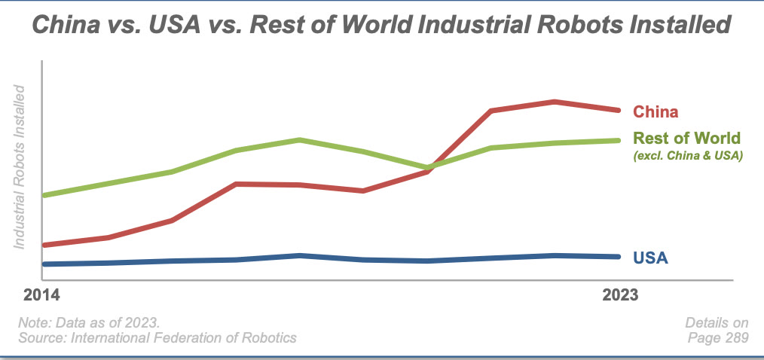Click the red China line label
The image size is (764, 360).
coord(656,111)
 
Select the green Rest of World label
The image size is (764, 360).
coord(687,139)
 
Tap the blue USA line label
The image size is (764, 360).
coord(651,258)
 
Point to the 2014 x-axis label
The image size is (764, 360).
coord(43,294)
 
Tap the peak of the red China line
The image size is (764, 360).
coord(554,102)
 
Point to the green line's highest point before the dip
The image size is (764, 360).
coord(300,140)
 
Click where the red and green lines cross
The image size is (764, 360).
coord(429,168)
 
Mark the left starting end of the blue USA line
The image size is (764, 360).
coord(45,264)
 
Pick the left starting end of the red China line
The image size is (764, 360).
coord(45,245)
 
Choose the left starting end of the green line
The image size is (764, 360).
coord(45,195)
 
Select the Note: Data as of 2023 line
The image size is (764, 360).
coord(89,322)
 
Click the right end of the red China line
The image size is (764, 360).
coord(618,110)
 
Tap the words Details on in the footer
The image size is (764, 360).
coord(717,322)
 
